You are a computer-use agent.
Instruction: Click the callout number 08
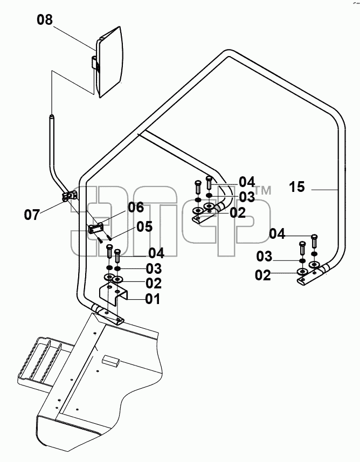45,20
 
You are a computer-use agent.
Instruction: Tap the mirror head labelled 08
109,62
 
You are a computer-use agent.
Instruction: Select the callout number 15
297,187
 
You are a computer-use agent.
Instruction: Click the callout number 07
32,215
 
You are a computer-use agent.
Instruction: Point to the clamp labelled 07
70,196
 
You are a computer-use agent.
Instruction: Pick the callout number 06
136,208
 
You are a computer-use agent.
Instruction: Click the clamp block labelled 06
96,228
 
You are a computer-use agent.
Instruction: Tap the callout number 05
144,226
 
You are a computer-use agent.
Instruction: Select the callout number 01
153,299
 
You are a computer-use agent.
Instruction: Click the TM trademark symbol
263,190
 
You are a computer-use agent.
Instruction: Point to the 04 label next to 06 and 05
156,253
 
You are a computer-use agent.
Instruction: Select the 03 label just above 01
154,268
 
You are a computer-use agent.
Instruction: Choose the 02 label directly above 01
154,284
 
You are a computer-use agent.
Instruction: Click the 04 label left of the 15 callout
277,235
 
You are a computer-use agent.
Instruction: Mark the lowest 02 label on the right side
263,275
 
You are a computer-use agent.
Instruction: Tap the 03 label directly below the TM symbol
247,197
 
